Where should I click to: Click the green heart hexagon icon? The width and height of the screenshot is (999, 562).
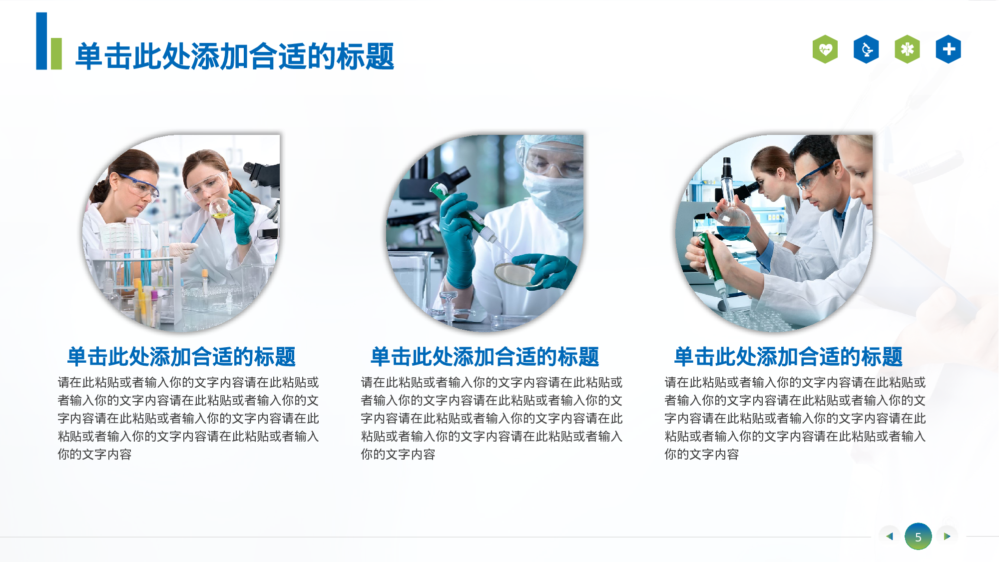click(825, 49)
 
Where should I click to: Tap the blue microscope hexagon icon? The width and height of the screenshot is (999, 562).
click(866, 49)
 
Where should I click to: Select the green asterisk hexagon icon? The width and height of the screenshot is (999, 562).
click(907, 49)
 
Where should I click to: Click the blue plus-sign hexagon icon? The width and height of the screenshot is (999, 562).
click(948, 49)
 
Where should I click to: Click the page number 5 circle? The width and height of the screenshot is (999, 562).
click(918, 537)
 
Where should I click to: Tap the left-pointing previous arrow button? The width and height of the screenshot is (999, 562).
click(889, 537)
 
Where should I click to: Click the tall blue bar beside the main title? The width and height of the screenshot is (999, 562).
click(41, 41)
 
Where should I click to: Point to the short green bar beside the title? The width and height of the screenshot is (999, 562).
click(56, 53)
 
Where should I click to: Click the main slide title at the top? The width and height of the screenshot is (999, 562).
click(235, 56)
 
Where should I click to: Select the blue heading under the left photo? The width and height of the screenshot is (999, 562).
click(181, 357)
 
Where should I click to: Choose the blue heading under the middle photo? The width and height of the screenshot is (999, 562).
click(485, 357)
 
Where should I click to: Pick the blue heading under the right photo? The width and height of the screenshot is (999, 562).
click(788, 357)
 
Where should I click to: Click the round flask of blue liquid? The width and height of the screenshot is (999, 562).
click(733, 225)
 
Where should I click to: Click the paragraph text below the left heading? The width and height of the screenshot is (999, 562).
click(188, 418)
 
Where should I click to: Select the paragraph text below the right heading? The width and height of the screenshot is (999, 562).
click(795, 418)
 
